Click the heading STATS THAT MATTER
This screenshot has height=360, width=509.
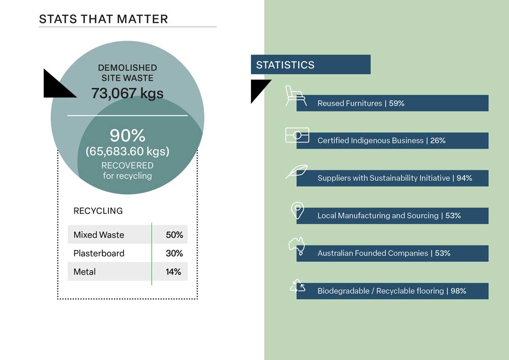(103, 19)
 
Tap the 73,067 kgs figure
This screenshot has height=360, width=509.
(127, 93)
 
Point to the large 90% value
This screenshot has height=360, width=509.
(128, 135)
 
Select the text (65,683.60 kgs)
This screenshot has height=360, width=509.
(128, 152)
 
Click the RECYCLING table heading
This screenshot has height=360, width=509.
(98, 211)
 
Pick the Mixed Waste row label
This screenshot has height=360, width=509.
(99, 235)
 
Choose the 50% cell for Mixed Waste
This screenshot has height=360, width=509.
(174, 235)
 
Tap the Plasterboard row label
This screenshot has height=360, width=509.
(99, 253)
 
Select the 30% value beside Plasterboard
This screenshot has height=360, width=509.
(174, 253)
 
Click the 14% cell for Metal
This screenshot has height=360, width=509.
(174, 272)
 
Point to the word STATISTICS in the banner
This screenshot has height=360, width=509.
(286, 65)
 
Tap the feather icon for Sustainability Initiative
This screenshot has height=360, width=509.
(297, 172)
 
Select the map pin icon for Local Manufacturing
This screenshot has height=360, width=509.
(297, 210)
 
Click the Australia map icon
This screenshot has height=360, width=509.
(297, 246)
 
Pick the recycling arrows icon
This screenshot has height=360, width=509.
(298, 286)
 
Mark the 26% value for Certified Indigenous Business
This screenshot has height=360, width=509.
(438, 141)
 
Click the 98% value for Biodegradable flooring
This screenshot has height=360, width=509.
(459, 291)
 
